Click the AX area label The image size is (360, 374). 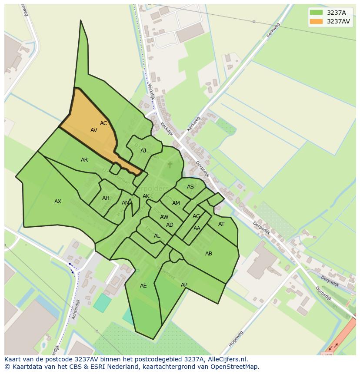[58, 202]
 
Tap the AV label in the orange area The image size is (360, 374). [94, 130]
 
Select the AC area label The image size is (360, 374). [103, 123]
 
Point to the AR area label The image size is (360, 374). [84, 160]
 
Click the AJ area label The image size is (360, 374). [143, 151]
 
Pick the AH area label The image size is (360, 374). [106, 198]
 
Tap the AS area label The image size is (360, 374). [190, 187]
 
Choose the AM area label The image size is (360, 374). [176, 203]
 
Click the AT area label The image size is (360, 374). [221, 224]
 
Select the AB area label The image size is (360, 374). [209, 254]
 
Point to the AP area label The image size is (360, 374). [184, 285]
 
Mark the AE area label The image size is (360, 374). [143, 286]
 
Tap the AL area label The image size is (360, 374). [157, 236]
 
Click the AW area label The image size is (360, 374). [164, 217]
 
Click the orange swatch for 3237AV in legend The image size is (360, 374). [316, 21]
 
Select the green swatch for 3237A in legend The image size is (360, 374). [316, 13]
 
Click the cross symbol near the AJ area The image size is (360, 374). [170, 165]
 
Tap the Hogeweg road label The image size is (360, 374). [236, 338]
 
